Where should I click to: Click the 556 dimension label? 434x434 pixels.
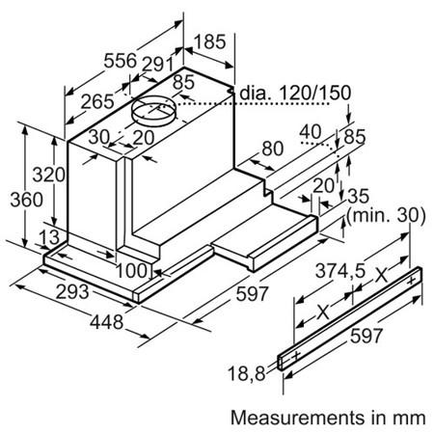pyautogui.click(x=121, y=61)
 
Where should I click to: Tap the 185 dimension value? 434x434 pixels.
pyautogui.click(x=210, y=41)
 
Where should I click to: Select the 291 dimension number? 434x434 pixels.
pyautogui.click(x=157, y=65)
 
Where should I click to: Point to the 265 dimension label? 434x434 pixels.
pyautogui.click(x=97, y=101)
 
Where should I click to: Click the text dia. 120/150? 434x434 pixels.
pyautogui.click(x=295, y=93)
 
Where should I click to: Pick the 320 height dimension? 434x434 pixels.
pyautogui.click(x=49, y=175)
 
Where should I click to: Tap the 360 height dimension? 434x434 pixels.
pyautogui.click(x=26, y=200)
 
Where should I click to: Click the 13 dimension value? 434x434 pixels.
pyautogui.click(x=49, y=237)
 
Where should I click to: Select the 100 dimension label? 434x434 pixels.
pyautogui.click(x=131, y=271)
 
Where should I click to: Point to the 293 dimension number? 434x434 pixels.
pyautogui.click(x=72, y=292)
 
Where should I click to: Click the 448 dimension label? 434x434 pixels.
pyautogui.click(x=106, y=322)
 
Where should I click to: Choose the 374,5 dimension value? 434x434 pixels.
pyautogui.click(x=340, y=271)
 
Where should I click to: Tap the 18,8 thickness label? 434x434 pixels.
pyautogui.click(x=247, y=374)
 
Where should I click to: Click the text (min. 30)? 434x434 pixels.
pyautogui.click(x=386, y=215)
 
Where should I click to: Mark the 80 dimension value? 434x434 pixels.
pyautogui.click(x=273, y=149)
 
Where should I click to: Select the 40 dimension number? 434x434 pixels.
pyautogui.click(x=311, y=131)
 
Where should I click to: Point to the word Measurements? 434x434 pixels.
pyautogui.click(x=297, y=418)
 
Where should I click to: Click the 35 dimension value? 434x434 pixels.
pyautogui.click(x=358, y=196)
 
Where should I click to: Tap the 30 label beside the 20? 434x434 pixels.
pyautogui.click(x=99, y=137)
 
